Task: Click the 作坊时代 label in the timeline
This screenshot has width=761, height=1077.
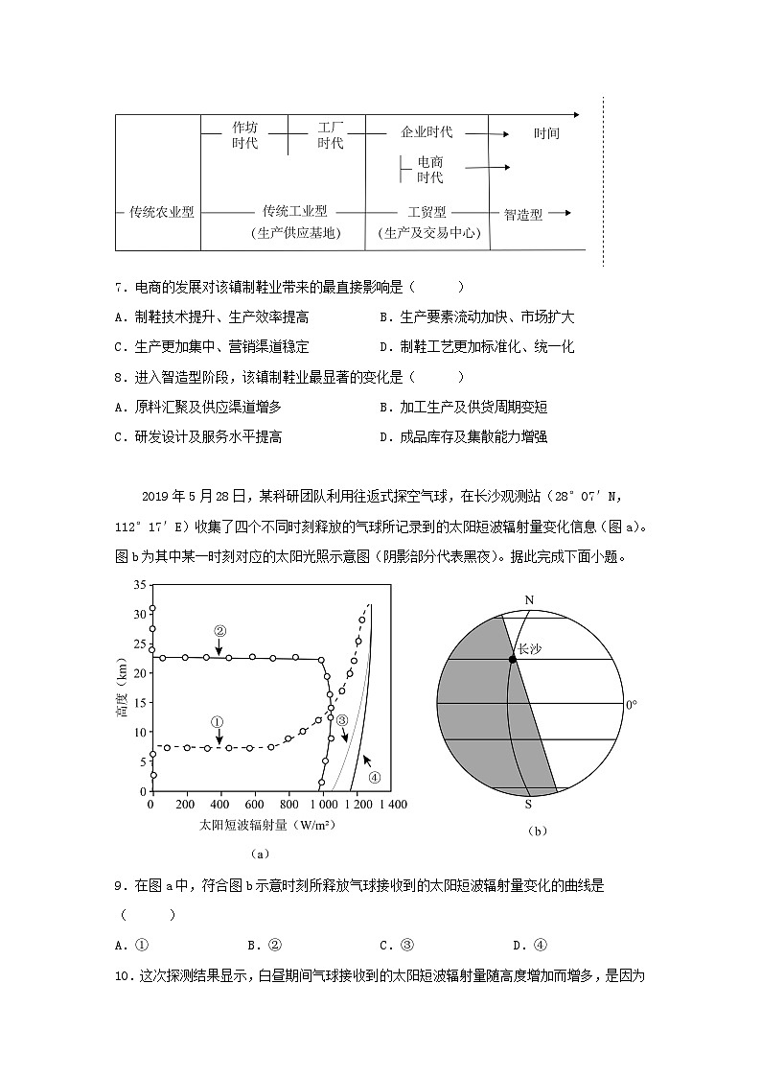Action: coord(244,135)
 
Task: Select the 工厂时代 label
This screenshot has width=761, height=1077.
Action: coord(330,135)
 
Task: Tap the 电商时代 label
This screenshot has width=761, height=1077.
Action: coord(429,170)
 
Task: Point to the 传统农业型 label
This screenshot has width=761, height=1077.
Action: coord(162,212)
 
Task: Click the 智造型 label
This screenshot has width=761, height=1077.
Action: coord(523,214)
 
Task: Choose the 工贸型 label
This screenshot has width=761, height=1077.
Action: coord(427,212)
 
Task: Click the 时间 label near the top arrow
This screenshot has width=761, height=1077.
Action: coord(546,134)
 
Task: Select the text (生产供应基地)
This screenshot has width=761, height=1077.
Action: coord(294,233)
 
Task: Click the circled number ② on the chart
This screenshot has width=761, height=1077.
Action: coord(219,631)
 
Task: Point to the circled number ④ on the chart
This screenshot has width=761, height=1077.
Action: coord(375,777)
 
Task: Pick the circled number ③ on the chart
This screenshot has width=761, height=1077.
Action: coord(342,719)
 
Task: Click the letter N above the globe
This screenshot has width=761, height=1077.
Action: coord(528,600)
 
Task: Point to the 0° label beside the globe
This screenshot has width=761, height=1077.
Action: coord(631,705)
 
